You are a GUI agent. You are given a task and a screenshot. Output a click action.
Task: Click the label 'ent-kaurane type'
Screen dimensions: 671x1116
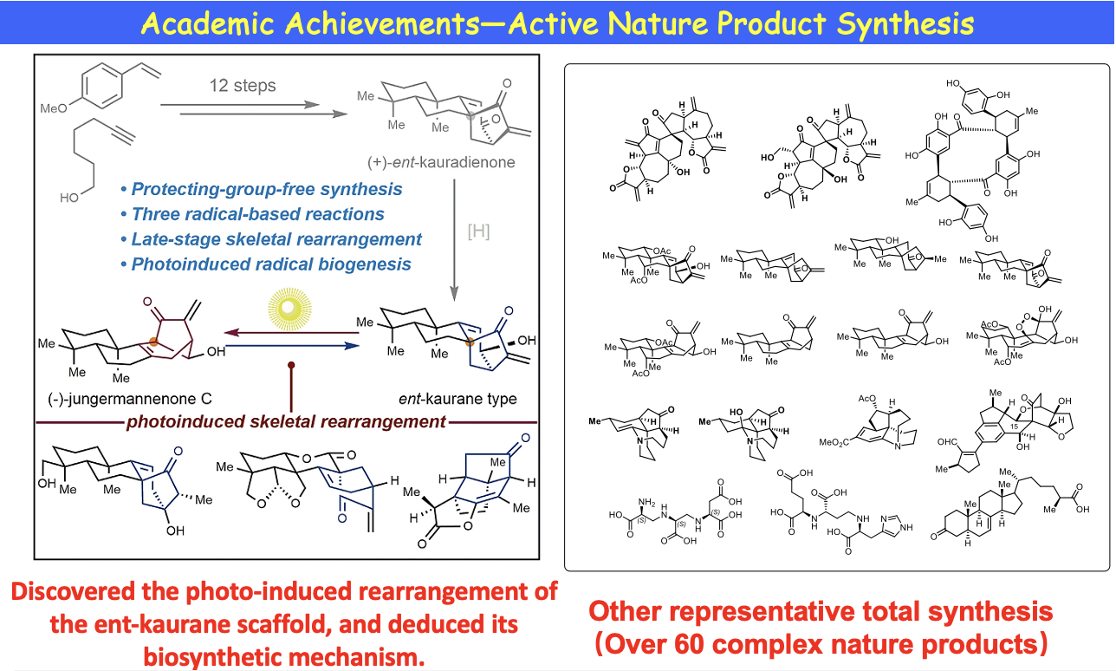[x=469, y=399]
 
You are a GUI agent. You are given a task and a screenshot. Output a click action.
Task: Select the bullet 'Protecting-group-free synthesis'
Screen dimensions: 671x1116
[x=262, y=188]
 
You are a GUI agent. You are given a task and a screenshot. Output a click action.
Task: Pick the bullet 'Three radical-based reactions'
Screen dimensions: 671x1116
[x=253, y=213]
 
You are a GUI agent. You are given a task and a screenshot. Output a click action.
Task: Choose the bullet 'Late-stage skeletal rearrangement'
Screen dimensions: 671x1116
[x=271, y=238]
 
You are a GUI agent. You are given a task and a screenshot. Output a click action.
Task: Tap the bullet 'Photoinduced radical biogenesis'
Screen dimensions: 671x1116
[x=266, y=264]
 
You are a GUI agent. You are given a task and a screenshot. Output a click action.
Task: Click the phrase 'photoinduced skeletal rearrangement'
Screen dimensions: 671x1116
[x=287, y=422]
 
